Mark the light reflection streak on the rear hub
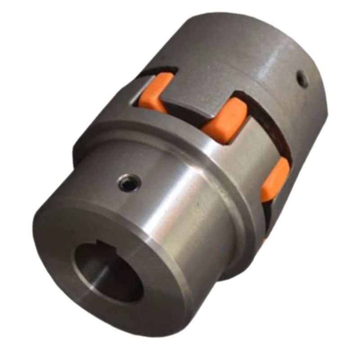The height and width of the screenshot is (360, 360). coord(274,58)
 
